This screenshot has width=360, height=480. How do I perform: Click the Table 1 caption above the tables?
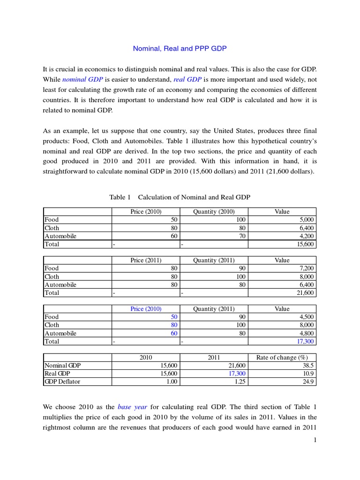point(180,197)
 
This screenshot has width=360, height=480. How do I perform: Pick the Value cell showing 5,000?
point(305,219)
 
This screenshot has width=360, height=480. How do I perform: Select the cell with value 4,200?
point(305,236)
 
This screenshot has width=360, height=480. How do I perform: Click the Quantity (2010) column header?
point(214,211)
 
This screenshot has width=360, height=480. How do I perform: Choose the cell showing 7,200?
point(305,268)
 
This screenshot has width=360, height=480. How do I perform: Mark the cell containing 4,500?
point(305,317)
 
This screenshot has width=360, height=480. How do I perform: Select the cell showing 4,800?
point(305,334)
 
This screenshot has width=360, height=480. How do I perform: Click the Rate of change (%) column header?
point(282,358)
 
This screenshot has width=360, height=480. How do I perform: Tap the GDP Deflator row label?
point(62,382)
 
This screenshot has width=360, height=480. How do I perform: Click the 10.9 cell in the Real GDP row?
point(307,374)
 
